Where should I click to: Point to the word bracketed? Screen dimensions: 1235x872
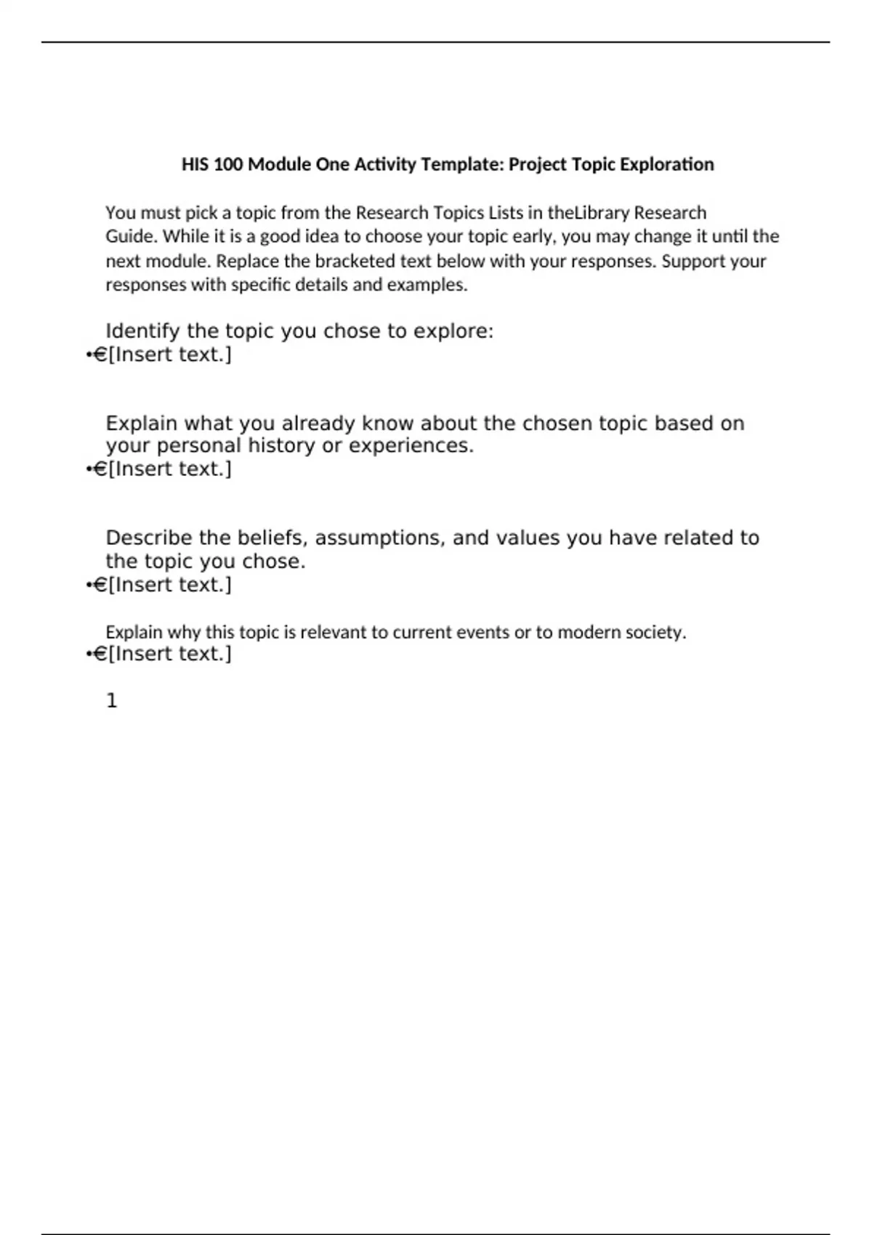click(356, 261)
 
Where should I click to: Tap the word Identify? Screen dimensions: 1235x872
click(142, 331)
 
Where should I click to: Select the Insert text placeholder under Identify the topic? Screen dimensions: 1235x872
click(170, 355)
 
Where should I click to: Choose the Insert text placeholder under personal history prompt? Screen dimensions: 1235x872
click(170, 469)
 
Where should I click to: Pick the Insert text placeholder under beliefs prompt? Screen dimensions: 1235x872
click(170, 585)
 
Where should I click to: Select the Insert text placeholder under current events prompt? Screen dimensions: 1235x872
click(170, 654)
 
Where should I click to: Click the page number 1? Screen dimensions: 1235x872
click(111, 701)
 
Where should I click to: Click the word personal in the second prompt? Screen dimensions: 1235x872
click(198, 445)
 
